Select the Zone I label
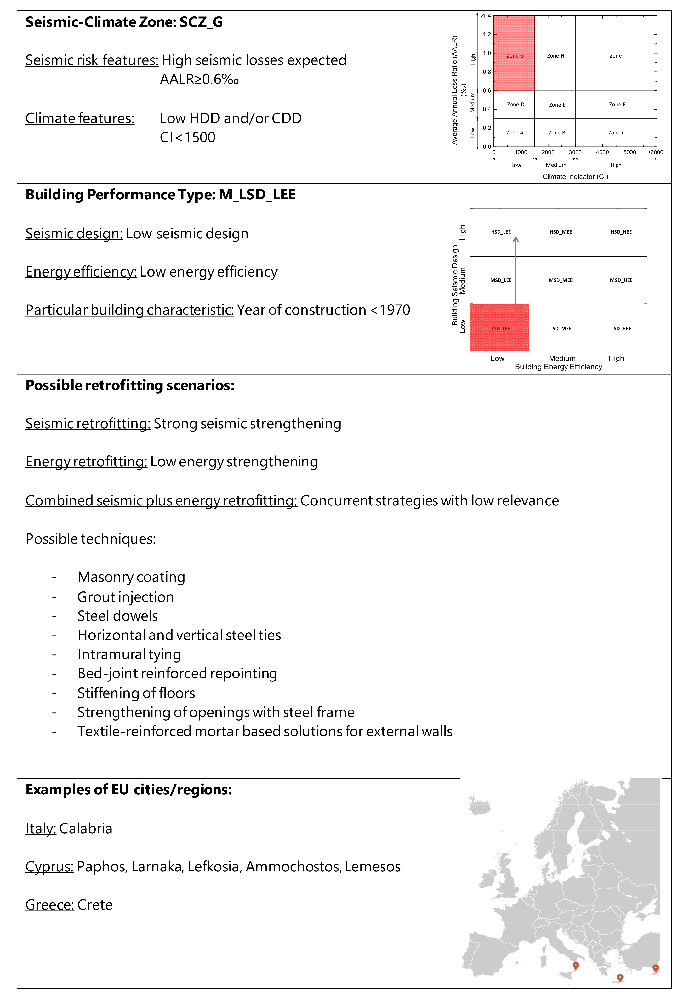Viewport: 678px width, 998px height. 617,56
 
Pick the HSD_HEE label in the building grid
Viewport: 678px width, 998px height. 621,232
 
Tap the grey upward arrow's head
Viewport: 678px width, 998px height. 516,239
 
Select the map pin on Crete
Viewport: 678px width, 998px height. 619,977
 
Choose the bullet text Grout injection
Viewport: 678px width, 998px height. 125,597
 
